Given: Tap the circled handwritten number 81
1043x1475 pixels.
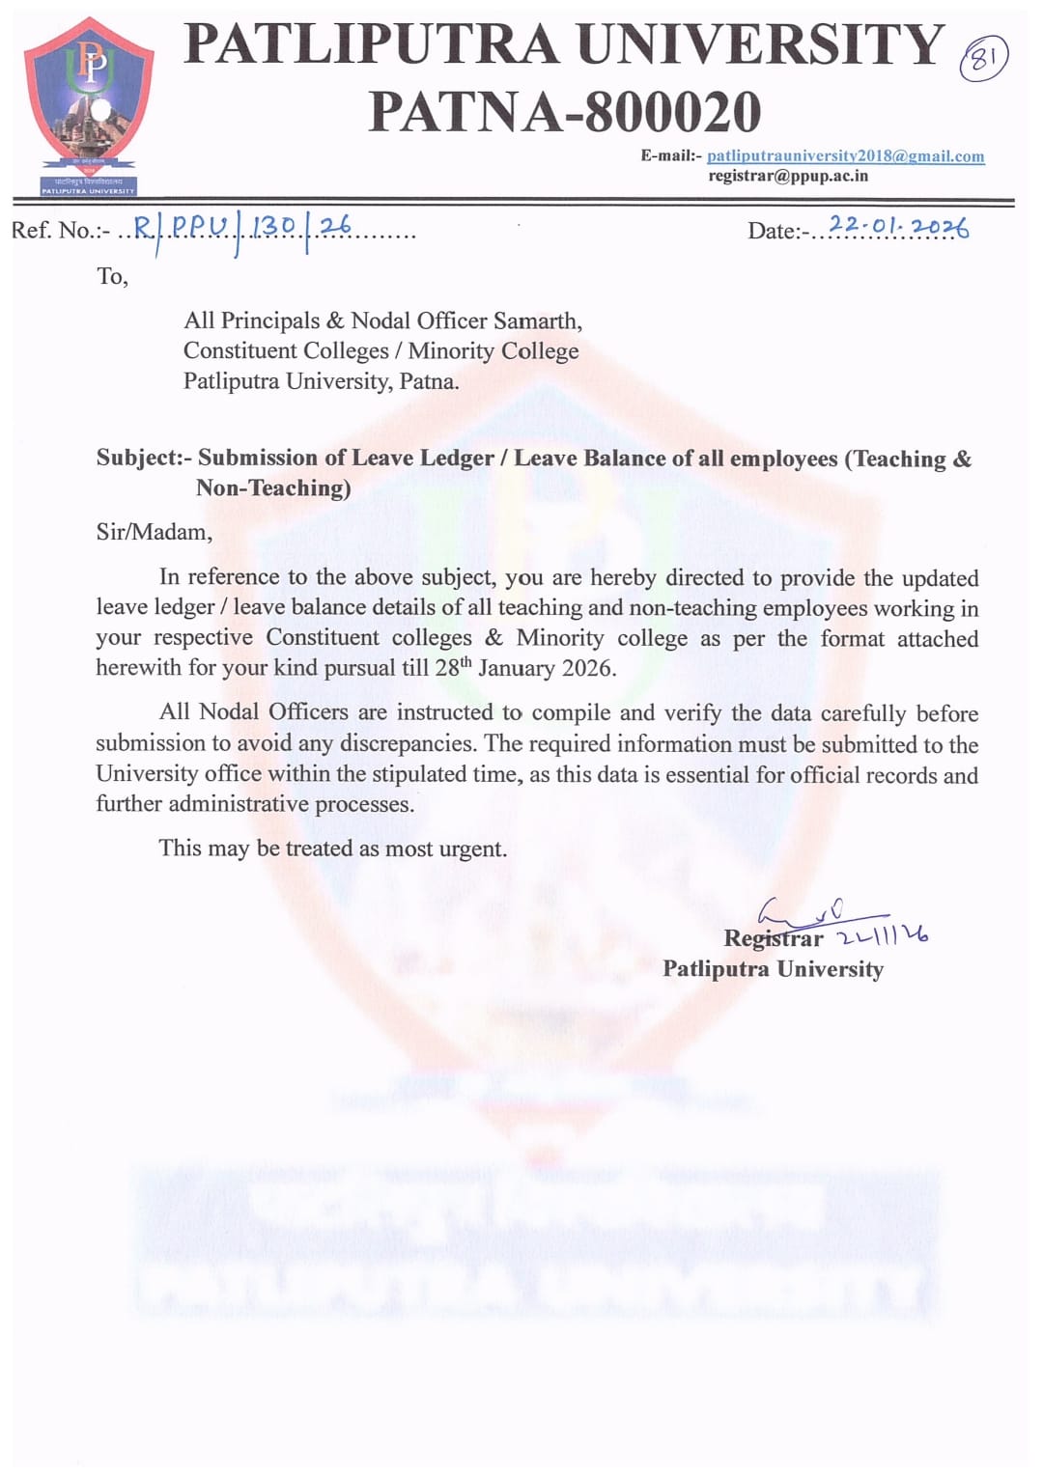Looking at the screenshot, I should [x=983, y=60].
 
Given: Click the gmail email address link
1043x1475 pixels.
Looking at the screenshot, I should [x=845, y=155].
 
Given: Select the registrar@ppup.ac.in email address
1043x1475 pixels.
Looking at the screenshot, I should [x=787, y=176].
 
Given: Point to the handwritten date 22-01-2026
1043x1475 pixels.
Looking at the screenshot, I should [x=898, y=227].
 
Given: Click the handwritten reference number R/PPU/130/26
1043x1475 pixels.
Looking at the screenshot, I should [x=241, y=228].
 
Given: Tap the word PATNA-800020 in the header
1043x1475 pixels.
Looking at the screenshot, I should [x=565, y=111].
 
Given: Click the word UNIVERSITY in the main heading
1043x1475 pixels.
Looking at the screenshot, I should [x=760, y=44].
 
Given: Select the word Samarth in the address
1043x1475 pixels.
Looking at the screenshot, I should [x=537, y=320].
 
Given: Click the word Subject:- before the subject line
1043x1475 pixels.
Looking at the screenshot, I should [x=144, y=458].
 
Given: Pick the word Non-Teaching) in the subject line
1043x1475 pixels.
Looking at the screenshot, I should [x=273, y=488].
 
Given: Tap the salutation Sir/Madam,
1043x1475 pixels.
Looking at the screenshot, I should [x=154, y=532].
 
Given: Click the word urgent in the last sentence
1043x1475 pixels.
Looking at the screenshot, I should [x=473, y=849].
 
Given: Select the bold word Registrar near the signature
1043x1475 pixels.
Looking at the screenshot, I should [x=773, y=938].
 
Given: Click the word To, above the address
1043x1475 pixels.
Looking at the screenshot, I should [x=112, y=277].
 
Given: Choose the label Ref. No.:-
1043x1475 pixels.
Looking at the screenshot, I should [x=60, y=231].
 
